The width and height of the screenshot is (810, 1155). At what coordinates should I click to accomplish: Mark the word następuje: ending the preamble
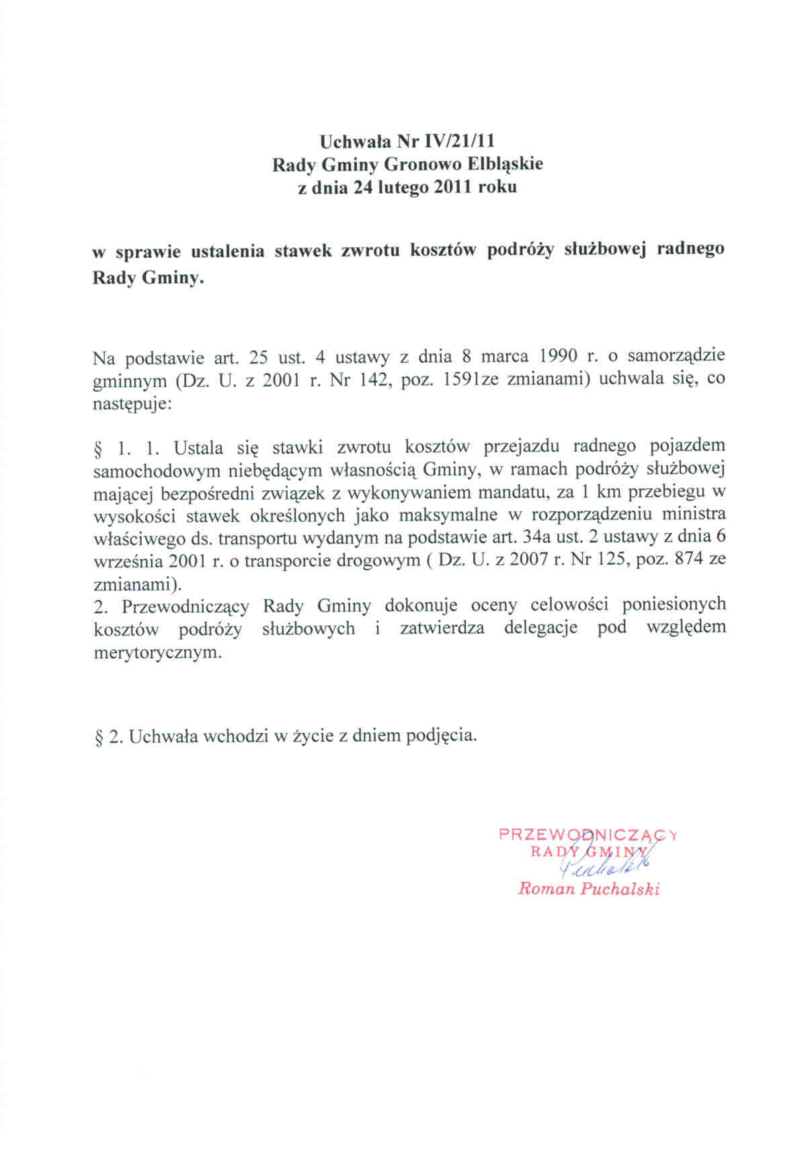[x=132, y=403]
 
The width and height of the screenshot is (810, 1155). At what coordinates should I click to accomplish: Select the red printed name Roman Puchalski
[x=588, y=889]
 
